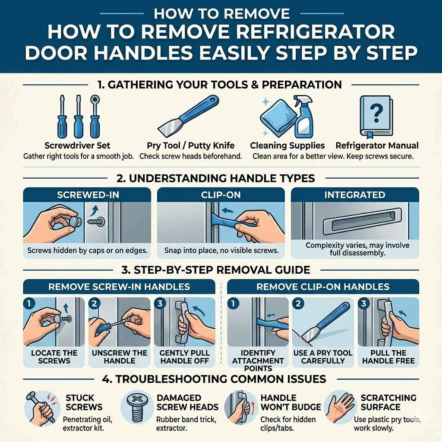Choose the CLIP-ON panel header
point(221,195)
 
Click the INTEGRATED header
point(354,195)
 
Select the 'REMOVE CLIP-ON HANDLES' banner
point(322,287)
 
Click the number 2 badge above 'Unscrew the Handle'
point(95,304)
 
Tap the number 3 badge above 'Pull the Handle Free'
point(364,304)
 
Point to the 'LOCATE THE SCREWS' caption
point(54,357)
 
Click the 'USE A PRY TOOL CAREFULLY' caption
point(323,357)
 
